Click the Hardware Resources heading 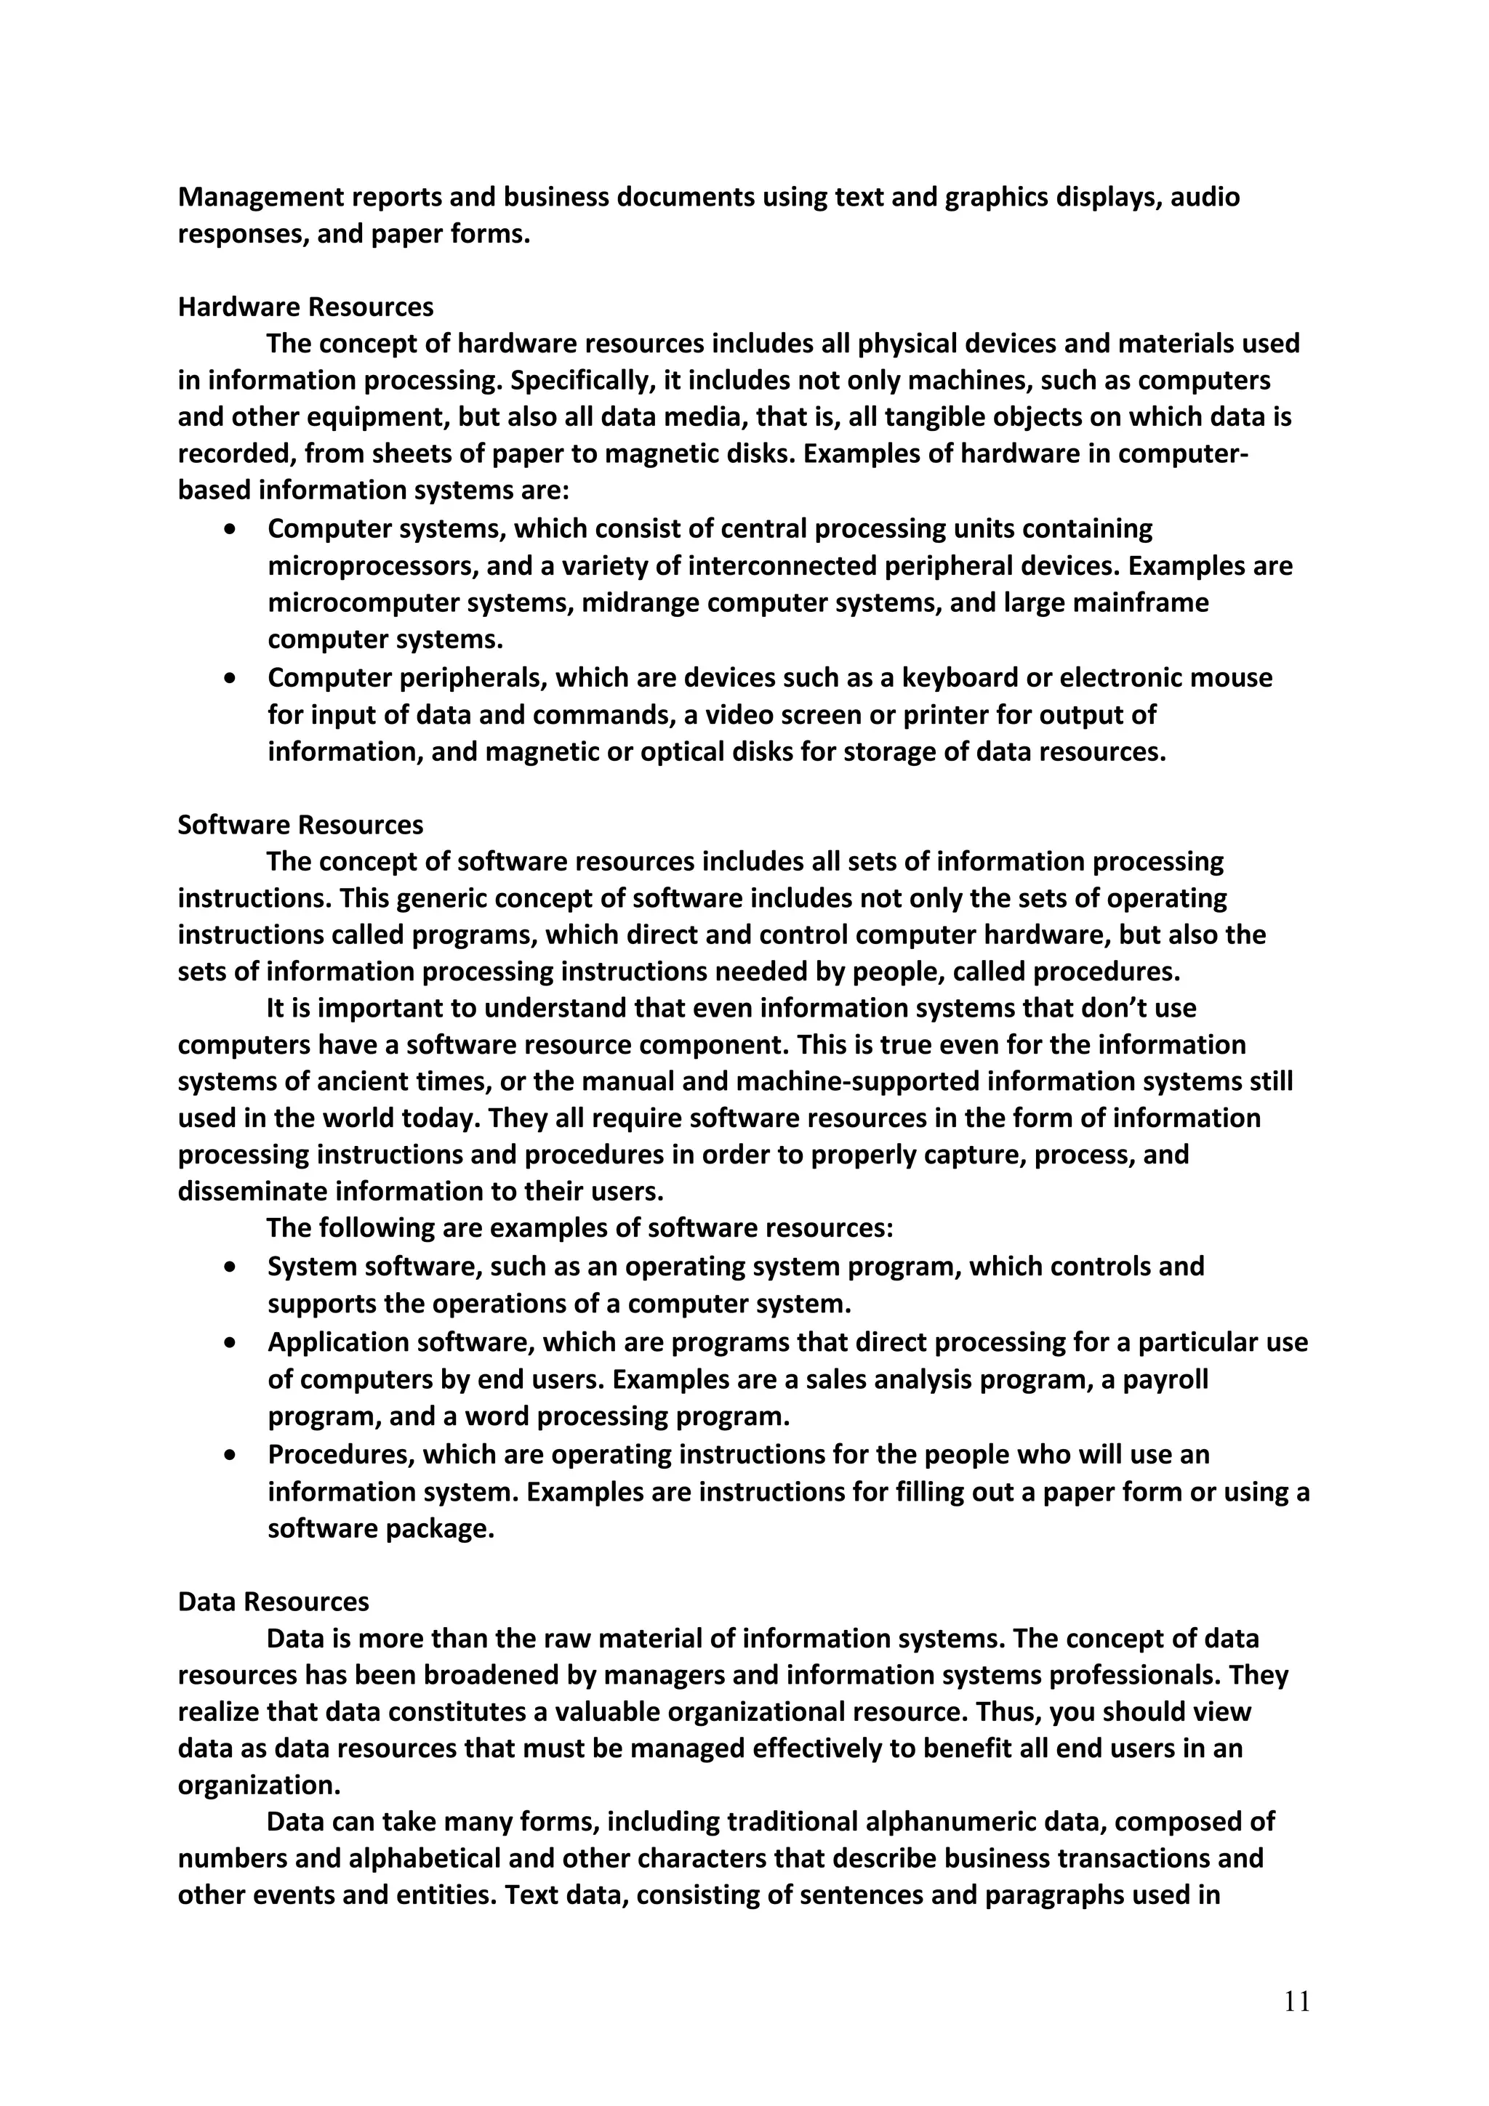305,307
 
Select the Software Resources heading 300,825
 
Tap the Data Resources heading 273,1602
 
